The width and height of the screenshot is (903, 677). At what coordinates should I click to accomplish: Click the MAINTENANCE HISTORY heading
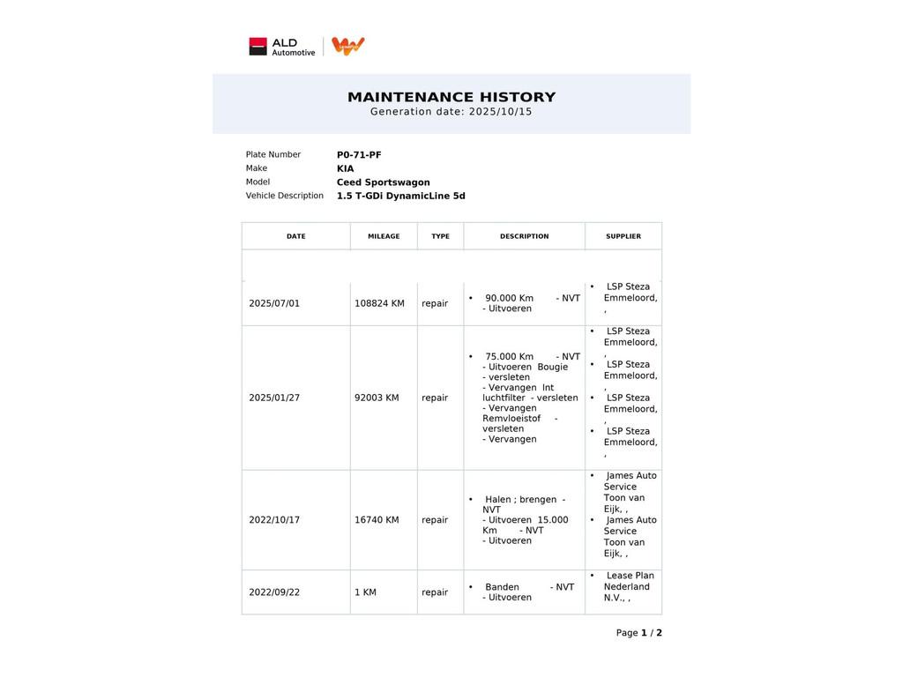click(x=451, y=97)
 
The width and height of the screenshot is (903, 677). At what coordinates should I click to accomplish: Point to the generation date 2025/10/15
click(x=500, y=112)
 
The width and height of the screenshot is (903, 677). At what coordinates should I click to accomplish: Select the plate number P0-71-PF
click(x=359, y=155)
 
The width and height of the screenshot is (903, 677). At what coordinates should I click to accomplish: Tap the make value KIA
click(x=345, y=168)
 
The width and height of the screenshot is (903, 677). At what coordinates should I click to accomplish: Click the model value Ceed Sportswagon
click(x=383, y=182)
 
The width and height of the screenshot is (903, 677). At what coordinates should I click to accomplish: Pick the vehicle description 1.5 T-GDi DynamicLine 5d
click(x=400, y=196)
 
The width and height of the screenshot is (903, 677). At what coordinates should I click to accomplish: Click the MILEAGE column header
click(x=384, y=236)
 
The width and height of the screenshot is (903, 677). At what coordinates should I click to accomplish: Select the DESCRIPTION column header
click(x=524, y=236)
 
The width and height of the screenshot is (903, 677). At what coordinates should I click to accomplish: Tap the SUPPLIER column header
click(x=623, y=236)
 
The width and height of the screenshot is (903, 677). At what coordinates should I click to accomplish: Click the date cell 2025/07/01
click(x=274, y=303)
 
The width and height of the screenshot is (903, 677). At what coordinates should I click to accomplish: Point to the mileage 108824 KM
click(x=379, y=303)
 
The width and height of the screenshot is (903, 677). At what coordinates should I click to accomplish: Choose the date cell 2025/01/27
click(x=274, y=398)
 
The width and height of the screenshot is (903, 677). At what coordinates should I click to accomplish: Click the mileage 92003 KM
click(x=377, y=398)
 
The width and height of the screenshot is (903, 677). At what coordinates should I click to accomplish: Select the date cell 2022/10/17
click(x=274, y=520)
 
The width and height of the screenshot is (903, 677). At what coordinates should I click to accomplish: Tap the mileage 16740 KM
click(x=377, y=520)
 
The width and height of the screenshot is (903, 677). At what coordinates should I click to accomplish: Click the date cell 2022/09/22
click(x=274, y=592)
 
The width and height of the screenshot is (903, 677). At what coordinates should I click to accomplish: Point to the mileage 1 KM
click(x=365, y=592)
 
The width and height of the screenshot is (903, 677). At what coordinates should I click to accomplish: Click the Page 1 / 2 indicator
click(x=638, y=633)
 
